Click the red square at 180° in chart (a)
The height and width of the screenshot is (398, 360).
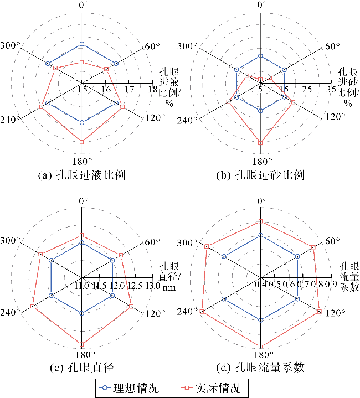(82, 143)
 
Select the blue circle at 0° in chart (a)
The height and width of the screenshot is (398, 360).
(82, 43)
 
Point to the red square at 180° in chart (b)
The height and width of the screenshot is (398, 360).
(260, 143)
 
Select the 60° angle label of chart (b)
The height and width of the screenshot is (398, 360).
(330, 46)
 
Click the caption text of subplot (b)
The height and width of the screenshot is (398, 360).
(260, 175)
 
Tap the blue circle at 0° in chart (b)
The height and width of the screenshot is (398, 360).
(260, 56)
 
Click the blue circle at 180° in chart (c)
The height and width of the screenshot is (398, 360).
(82, 314)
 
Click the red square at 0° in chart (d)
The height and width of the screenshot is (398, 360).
(260, 221)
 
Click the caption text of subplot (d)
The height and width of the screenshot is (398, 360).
(261, 367)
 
